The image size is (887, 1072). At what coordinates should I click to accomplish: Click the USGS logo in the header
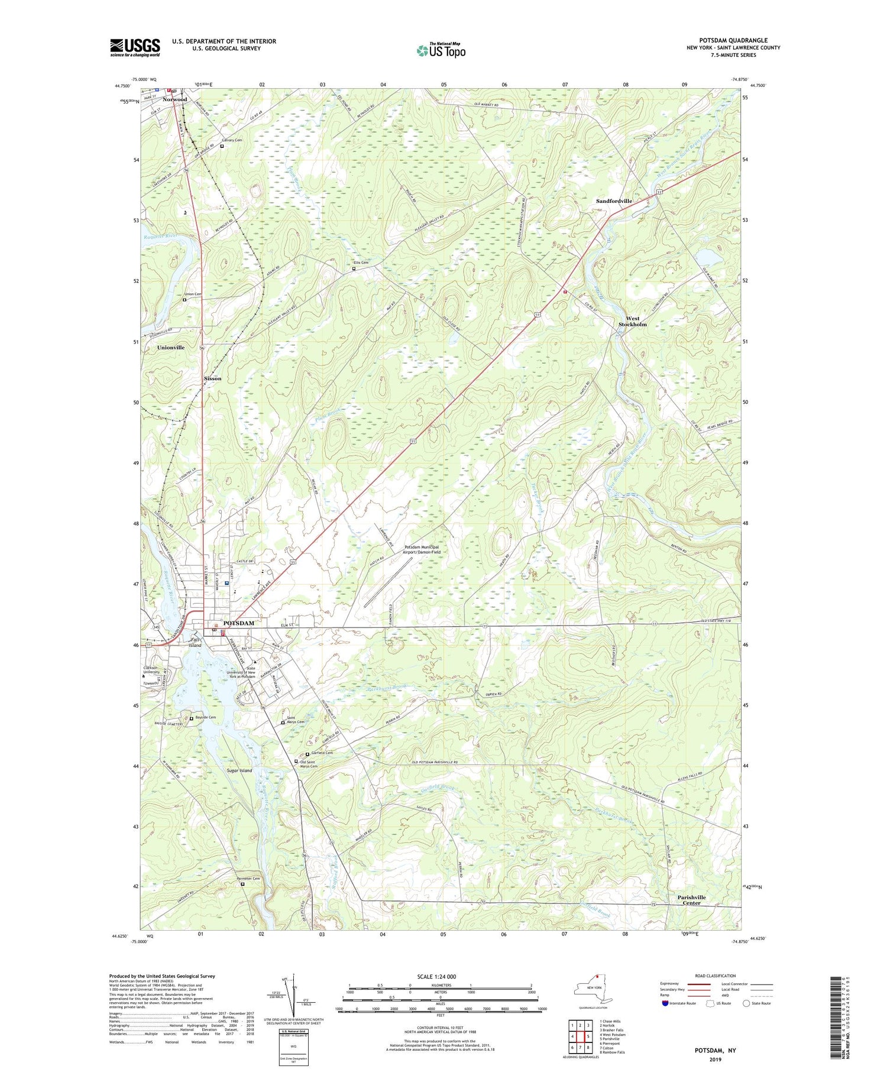click(135, 47)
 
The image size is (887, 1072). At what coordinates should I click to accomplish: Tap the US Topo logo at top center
click(441, 50)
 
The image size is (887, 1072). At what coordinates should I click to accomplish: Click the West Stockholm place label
click(632, 321)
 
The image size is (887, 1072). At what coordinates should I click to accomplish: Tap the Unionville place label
click(171, 348)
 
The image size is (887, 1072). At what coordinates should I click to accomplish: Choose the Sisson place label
click(212, 378)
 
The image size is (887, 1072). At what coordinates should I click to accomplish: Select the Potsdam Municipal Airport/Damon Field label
click(422, 549)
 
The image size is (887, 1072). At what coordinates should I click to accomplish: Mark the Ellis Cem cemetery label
click(361, 263)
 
